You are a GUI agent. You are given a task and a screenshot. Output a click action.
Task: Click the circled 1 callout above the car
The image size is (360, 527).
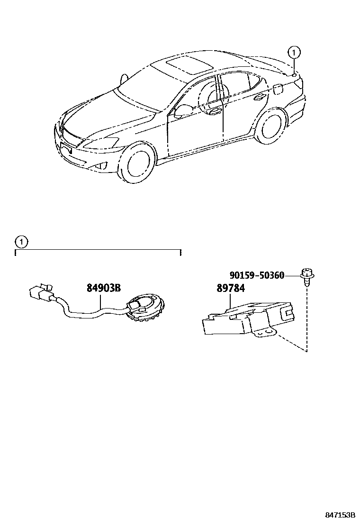tap(294, 52)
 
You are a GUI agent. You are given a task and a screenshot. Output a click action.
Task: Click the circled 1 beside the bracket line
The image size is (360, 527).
tap(21, 242)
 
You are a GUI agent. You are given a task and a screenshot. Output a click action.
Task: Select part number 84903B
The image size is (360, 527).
tap(104, 288)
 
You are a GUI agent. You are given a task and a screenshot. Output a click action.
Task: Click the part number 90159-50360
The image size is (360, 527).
tap(257, 275)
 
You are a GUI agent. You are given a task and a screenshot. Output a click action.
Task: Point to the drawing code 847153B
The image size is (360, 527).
tap(340, 515)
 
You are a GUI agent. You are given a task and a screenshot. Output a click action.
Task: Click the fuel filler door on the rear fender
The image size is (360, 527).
tap(278, 89)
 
